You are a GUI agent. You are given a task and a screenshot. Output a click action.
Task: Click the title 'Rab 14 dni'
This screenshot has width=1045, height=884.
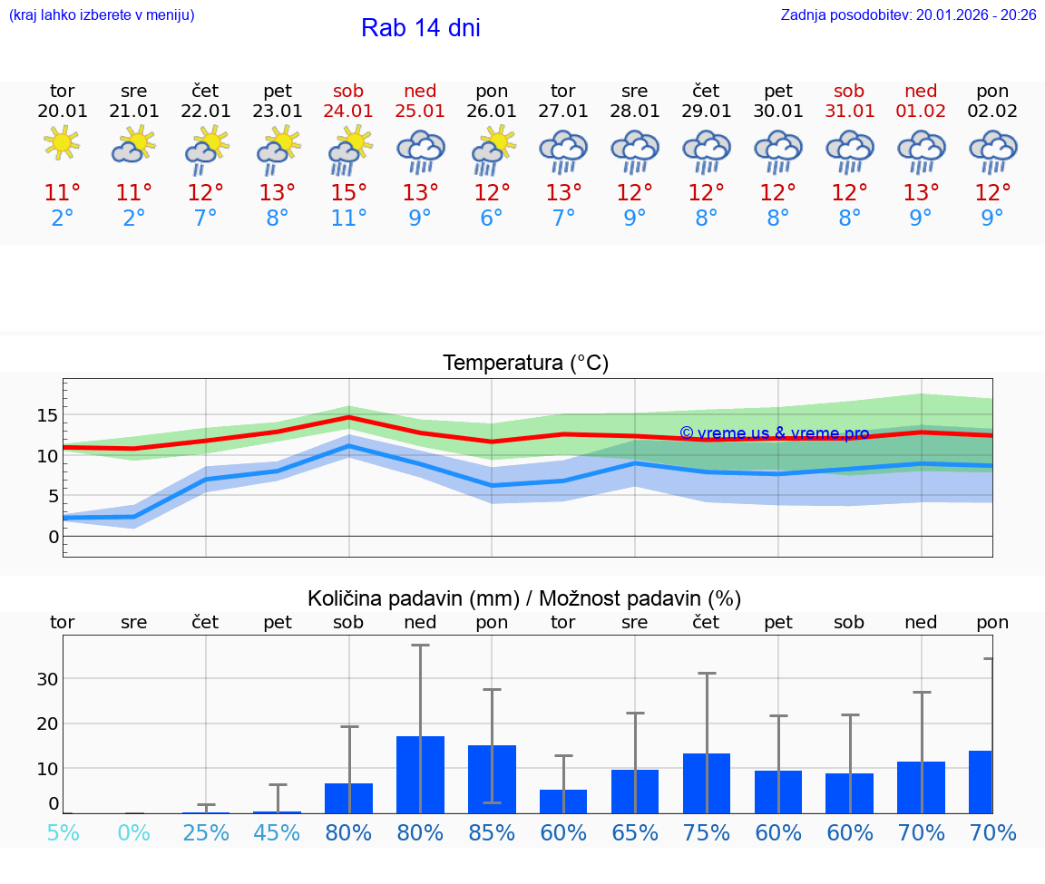click(420, 28)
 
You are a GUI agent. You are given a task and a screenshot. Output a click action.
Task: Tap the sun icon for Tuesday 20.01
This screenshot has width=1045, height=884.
click(62, 143)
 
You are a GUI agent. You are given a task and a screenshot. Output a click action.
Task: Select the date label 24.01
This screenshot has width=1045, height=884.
click(348, 111)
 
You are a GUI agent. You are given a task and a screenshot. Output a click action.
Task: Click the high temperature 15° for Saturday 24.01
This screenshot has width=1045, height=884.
click(348, 192)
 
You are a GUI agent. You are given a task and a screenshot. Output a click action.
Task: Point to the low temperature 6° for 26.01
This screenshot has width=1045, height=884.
click(492, 219)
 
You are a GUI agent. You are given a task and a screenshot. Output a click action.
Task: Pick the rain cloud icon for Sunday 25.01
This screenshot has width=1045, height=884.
click(420, 151)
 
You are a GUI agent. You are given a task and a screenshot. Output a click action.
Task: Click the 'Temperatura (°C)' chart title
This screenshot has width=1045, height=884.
click(525, 364)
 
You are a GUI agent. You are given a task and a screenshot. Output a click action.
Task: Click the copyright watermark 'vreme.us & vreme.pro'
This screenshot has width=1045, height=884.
click(774, 433)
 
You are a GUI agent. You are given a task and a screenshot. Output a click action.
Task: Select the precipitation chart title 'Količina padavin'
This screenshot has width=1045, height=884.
click(524, 598)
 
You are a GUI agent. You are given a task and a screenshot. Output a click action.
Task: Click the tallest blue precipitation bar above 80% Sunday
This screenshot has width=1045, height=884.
click(420, 774)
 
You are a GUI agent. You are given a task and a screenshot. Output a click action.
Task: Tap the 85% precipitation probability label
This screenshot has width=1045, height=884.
click(492, 832)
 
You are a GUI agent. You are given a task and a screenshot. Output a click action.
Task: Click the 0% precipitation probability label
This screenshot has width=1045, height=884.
click(133, 832)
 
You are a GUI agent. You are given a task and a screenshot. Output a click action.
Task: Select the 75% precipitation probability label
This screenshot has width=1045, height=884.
click(707, 832)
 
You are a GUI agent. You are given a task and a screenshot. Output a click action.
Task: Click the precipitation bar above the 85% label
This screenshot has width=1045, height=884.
click(492, 779)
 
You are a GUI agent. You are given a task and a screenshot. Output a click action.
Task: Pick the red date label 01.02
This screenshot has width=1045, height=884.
click(921, 111)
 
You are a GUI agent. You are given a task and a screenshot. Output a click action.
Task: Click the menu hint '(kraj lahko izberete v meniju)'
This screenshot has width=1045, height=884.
click(102, 15)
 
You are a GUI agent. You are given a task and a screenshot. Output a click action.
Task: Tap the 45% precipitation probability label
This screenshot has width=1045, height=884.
click(277, 832)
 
